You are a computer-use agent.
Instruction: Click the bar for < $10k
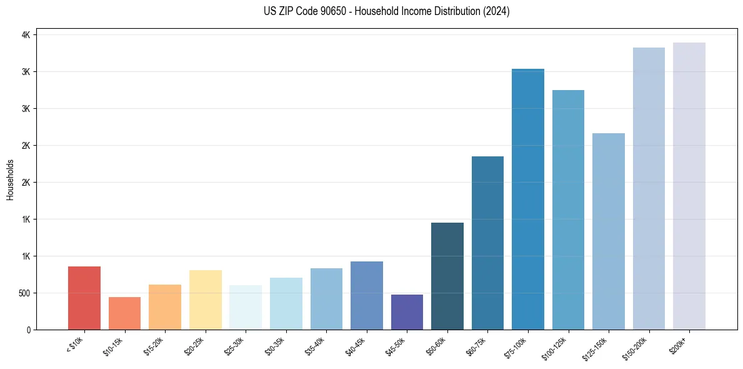(84, 298)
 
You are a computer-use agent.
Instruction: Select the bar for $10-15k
(124, 313)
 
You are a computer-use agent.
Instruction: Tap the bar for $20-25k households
(205, 300)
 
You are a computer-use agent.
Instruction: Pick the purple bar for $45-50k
(407, 311)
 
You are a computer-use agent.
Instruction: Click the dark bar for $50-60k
(447, 276)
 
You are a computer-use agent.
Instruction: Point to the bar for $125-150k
(609, 231)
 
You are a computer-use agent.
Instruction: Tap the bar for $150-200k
(649, 188)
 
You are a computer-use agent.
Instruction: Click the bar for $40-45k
(367, 295)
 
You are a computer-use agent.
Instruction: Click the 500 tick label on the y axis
(23, 293)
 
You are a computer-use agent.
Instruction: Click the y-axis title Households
(11, 179)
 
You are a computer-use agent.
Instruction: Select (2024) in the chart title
(496, 11)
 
